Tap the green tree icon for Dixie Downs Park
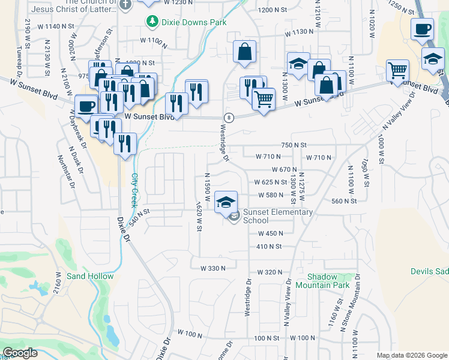point(152,22)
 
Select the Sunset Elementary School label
point(277,216)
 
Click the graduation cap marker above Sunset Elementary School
point(226,202)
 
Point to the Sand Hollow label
point(90,276)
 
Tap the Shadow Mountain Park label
point(328,281)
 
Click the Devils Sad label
point(429,271)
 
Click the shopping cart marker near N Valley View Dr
point(397,70)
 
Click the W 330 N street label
point(208,268)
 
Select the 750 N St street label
point(294,145)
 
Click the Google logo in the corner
point(20,353)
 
